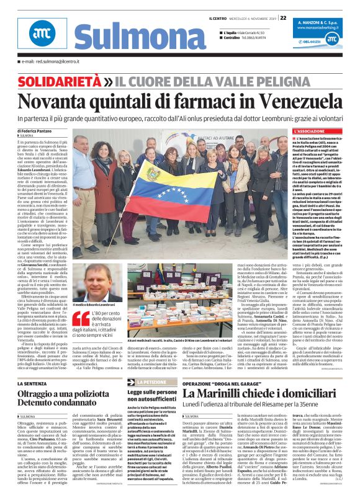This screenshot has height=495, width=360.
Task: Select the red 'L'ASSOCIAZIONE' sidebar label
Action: [309, 132]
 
